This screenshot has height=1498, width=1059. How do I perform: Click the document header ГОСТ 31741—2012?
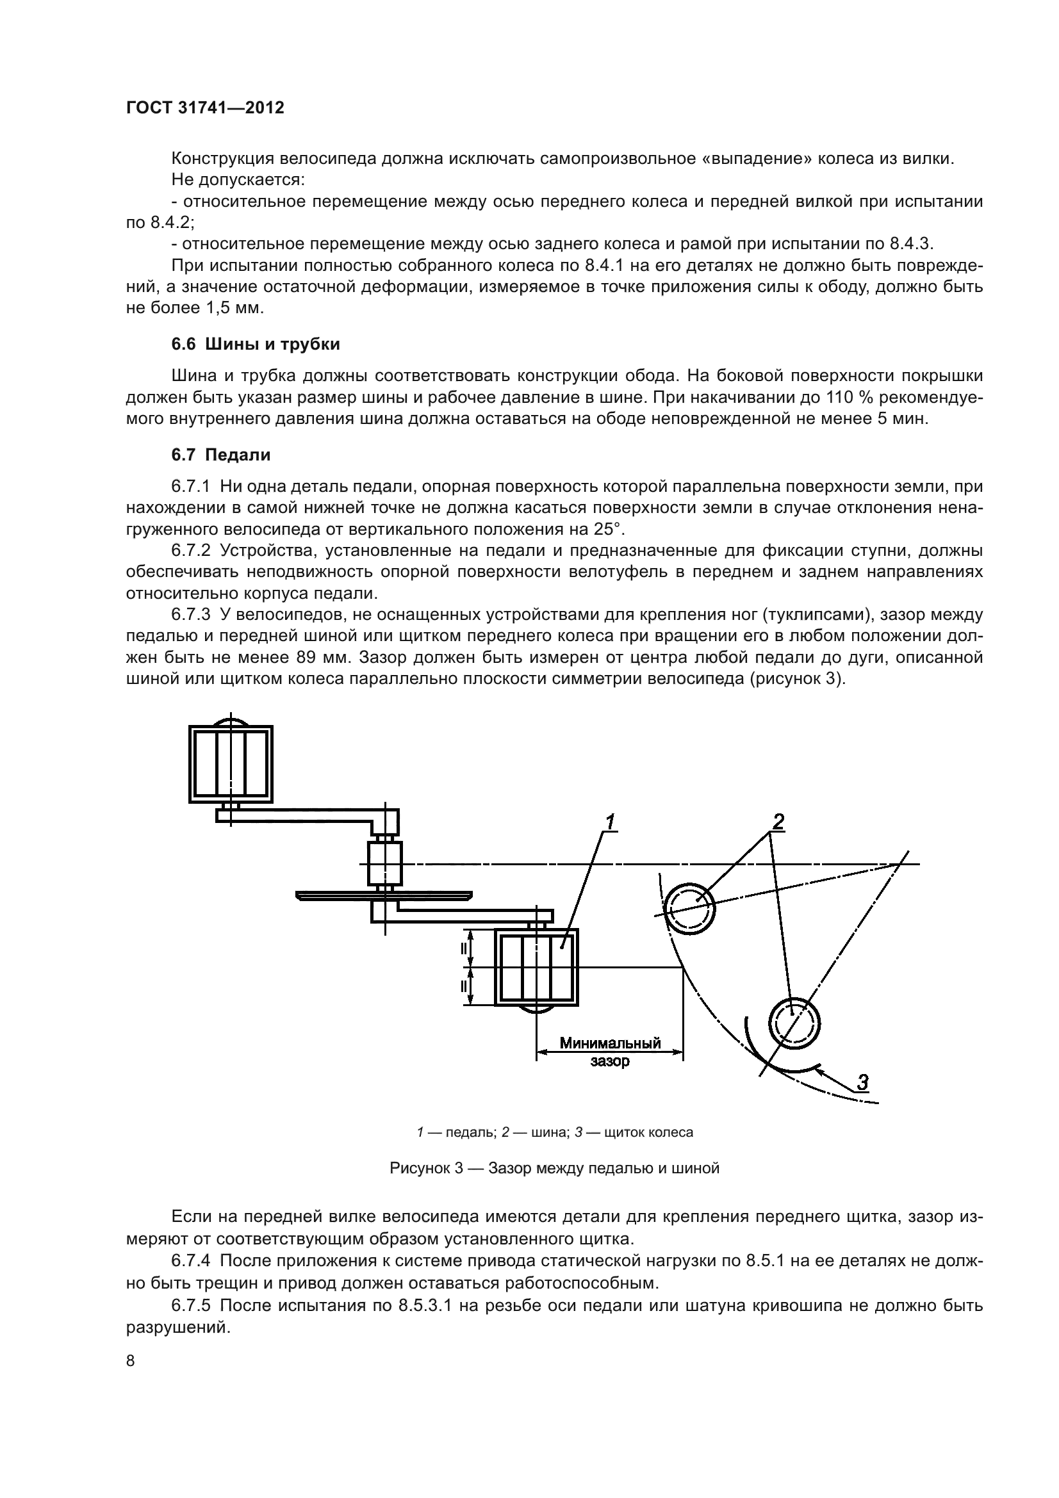click(x=205, y=108)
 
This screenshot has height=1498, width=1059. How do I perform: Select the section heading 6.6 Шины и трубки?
click(x=255, y=344)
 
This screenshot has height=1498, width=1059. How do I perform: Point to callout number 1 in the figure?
click(x=609, y=823)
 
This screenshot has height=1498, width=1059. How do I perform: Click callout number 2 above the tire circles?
click(x=778, y=822)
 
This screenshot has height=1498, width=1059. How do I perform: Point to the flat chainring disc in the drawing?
click(x=384, y=894)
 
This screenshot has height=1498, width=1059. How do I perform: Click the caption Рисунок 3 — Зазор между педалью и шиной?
click(x=554, y=1168)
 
